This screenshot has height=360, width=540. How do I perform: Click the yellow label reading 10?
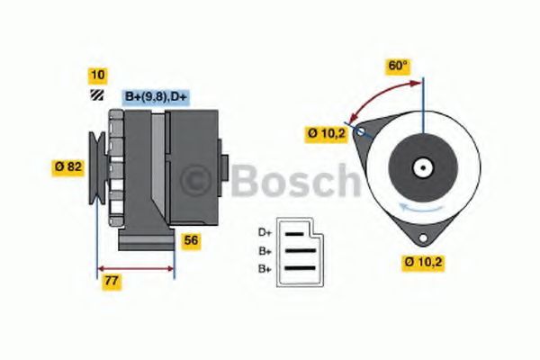click(x=96, y=75)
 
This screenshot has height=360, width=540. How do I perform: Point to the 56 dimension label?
click(x=191, y=240)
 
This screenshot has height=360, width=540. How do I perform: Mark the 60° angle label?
click(x=397, y=66)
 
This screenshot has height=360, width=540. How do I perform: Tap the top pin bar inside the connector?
click(x=295, y=233)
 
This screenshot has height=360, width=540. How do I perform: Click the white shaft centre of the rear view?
click(x=421, y=167)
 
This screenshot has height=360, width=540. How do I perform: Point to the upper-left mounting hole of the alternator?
click(x=362, y=132)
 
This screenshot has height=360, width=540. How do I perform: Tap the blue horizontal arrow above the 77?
click(x=135, y=267)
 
